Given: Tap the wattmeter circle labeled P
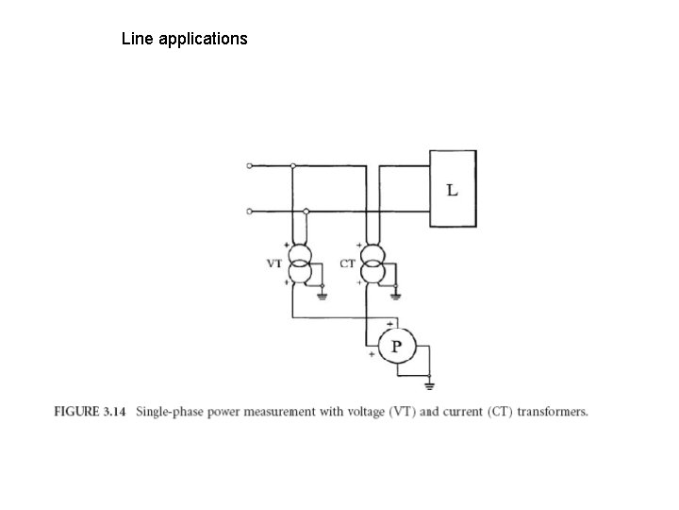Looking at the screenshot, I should click(396, 348).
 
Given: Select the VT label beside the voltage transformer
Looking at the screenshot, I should click(274, 264).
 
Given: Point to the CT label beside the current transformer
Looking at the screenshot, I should click(347, 264).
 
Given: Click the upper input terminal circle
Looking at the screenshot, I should click(249, 165).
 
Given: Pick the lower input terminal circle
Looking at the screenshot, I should click(249, 211).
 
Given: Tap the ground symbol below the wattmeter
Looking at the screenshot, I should click(430, 384).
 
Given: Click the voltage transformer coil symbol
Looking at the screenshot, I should click(300, 264).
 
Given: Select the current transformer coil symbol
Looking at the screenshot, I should click(373, 264).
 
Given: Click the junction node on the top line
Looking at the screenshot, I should click(293, 165).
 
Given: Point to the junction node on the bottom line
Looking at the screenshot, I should click(306, 211).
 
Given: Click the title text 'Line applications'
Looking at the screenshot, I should click(185, 40).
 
